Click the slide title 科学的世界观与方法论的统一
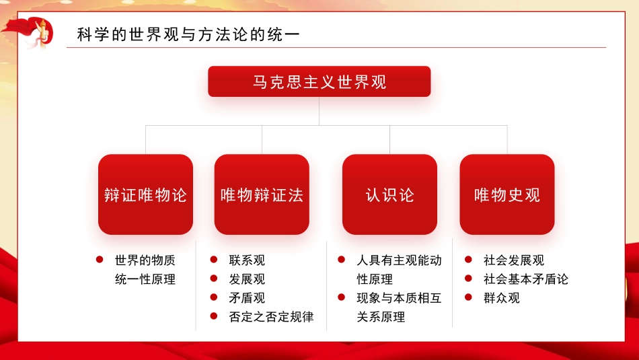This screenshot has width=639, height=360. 188,35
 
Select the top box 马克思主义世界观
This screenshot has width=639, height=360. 319,82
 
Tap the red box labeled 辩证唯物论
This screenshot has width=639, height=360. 145,195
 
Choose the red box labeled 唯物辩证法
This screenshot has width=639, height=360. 262,195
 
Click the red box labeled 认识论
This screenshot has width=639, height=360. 389,195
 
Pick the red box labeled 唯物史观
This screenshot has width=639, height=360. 507,195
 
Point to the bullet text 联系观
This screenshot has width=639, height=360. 247,260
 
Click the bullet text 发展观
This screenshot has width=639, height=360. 247,279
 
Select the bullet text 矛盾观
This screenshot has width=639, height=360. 247,298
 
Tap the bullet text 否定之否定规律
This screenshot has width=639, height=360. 271,317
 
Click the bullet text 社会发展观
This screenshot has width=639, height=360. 514,260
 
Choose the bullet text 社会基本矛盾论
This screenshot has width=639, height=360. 526,279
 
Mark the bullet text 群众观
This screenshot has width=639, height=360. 502,298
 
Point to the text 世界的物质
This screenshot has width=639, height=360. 145,260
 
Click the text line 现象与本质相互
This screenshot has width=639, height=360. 399,298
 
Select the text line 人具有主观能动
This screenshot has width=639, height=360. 399,260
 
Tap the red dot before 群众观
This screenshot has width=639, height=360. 468,297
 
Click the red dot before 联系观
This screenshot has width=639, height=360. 213,260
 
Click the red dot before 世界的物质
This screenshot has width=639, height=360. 100,260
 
